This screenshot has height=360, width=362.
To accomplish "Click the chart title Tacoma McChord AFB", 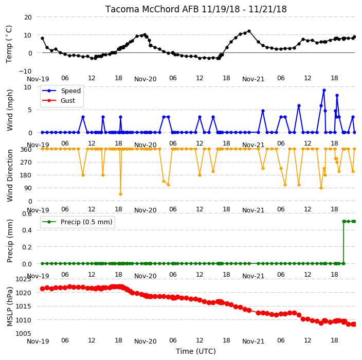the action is (152, 9).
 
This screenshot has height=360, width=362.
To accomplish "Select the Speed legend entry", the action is (61, 91).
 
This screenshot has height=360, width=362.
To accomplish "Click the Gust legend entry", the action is (59, 101).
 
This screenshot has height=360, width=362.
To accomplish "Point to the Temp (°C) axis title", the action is (9, 44).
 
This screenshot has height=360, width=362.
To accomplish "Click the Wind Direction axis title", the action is (10, 175).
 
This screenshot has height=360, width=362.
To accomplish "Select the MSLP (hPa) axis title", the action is (10, 307).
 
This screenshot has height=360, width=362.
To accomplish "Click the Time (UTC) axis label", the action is (196, 351).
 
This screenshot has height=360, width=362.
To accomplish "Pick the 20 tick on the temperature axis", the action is (28, 17).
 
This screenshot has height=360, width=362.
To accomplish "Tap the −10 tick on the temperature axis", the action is (25, 71).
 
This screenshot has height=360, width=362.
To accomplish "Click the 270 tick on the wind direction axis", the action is (27, 163).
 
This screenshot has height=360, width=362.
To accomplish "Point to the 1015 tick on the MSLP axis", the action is (23, 307).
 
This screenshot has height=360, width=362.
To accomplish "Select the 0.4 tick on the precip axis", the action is (27, 230).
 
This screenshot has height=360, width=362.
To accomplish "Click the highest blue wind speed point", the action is (324, 91).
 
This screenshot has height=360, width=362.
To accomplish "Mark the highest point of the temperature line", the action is (249, 31).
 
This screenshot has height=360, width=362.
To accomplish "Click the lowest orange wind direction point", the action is (120, 194).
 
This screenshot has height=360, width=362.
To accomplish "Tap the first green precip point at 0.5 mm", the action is (344, 222).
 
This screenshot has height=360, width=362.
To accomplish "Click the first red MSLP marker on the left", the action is (42, 289).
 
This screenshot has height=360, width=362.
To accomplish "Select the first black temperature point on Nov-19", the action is (43, 39).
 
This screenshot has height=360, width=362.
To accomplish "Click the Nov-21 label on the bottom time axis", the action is (254, 341).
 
